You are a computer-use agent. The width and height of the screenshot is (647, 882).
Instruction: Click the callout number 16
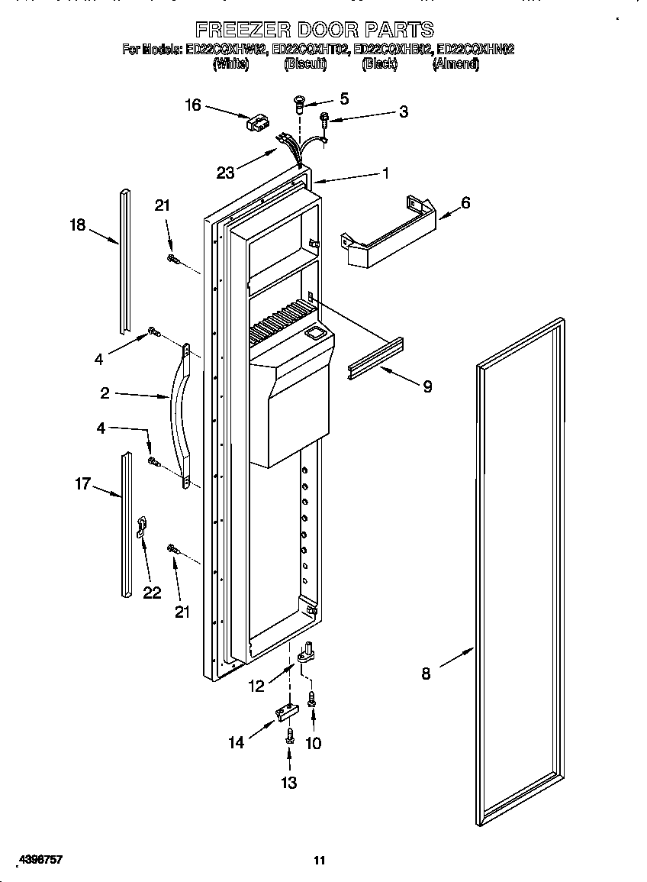(193, 105)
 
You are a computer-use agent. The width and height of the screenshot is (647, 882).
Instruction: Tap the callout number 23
(225, 173)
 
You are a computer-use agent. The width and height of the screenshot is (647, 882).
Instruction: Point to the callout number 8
(426, 674)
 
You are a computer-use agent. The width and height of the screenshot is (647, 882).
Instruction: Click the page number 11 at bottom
(320, 861)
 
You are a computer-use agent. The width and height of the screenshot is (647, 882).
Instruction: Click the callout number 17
(82, 483)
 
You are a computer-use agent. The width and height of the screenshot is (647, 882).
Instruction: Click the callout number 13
(289, 783)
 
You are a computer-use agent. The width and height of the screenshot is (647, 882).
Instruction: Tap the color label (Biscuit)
(305, 65)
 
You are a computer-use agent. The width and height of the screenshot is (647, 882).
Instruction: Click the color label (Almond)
(455, 65)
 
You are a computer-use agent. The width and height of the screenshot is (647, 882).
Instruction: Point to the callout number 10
(313, 743)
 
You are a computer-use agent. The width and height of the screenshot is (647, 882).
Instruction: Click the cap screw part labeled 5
(299, 102)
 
